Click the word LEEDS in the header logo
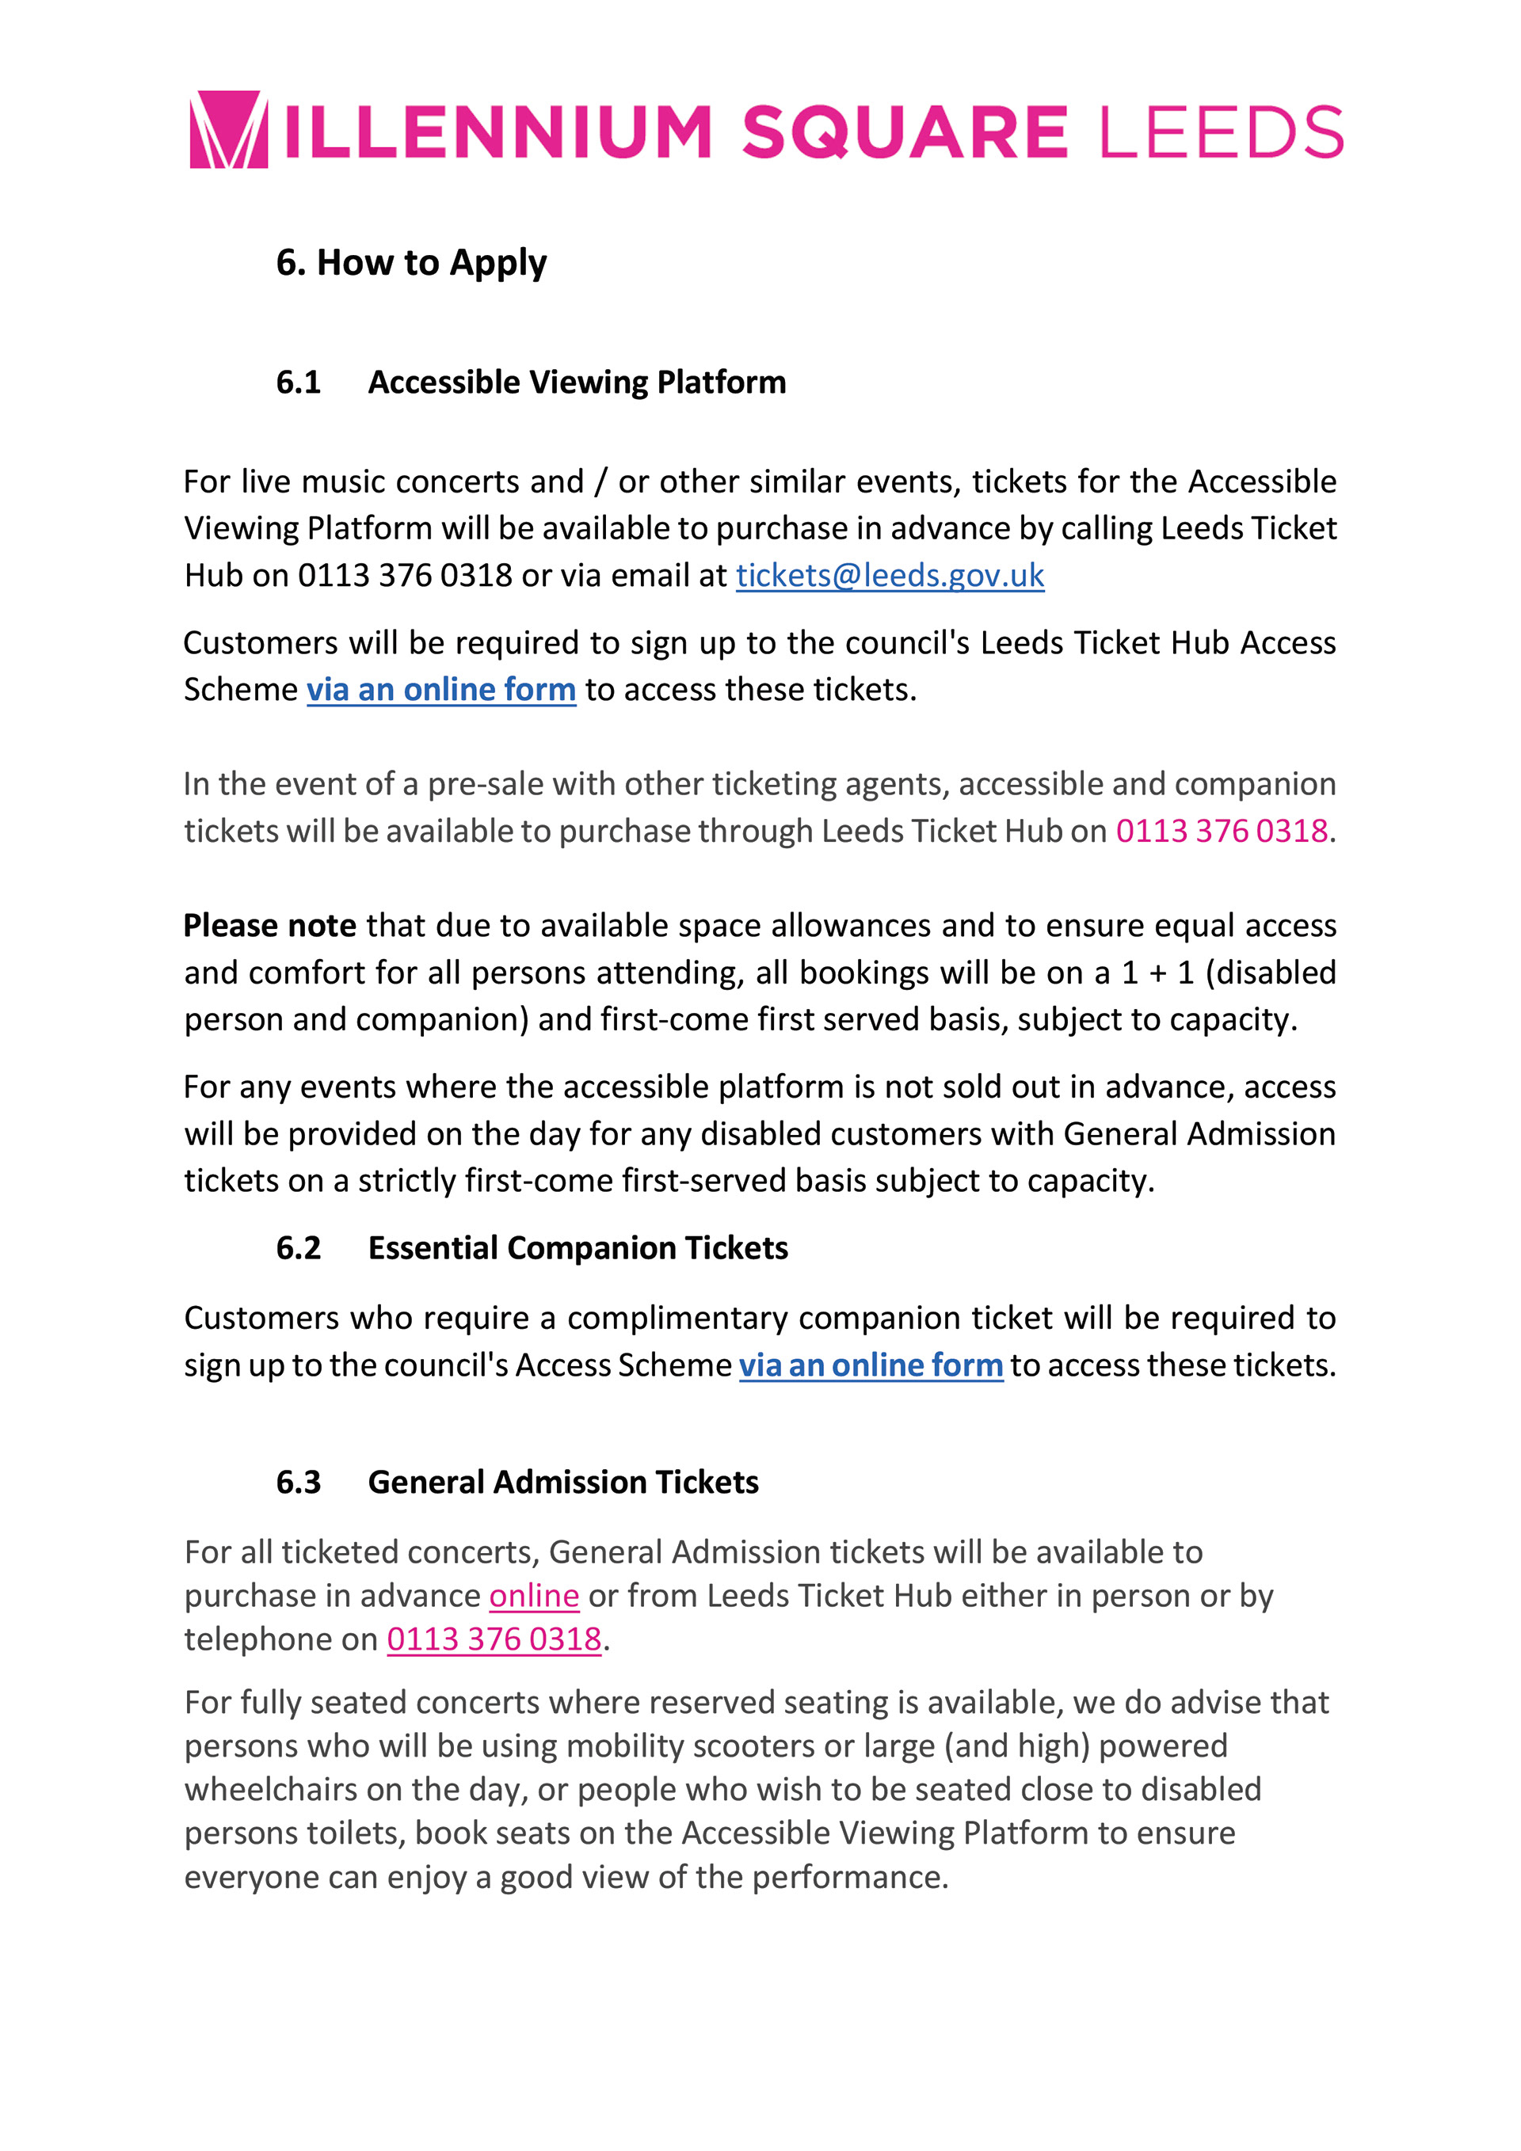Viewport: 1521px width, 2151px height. tap(1221, 132)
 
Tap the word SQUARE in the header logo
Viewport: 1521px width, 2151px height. tap(905, 132)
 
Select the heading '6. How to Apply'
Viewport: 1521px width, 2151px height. tap(410, 262)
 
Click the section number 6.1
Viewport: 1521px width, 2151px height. tap(298, 383)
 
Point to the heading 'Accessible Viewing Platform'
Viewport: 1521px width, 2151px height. tap(577, 383)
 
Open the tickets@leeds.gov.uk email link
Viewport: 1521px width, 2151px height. tap(890, 575)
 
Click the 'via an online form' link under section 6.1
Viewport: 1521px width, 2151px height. tap(440, 690)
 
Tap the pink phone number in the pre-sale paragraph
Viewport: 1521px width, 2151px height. tap(1221, 831)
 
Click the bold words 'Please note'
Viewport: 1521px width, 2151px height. tap(270, 926)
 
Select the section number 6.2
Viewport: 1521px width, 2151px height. tap(298, 1248)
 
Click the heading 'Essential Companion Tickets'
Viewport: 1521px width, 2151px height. tap(578, 1248)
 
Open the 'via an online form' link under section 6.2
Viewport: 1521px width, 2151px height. tap(871, 1365)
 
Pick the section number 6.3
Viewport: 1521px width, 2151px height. tap(298, 1482)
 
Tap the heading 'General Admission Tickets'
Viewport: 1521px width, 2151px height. tap(562, 1482)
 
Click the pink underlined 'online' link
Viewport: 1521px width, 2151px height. tap(534, 1596)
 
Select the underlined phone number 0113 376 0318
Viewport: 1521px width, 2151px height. tap(494, 1639)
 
